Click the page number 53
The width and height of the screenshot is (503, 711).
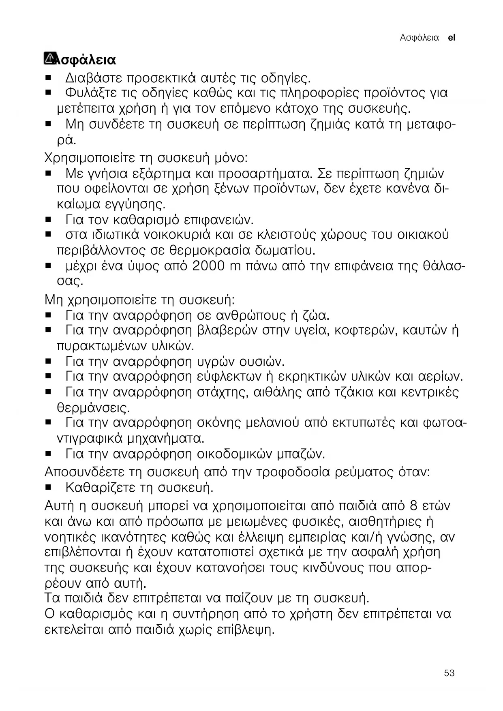[x=449, y=673]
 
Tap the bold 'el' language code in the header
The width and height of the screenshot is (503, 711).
[x=452, y=38]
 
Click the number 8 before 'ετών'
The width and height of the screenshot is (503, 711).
[x=413, y=506]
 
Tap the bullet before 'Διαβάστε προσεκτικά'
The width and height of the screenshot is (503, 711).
[x=48, y=77]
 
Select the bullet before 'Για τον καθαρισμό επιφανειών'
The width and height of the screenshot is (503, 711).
[x=48, y=220]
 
